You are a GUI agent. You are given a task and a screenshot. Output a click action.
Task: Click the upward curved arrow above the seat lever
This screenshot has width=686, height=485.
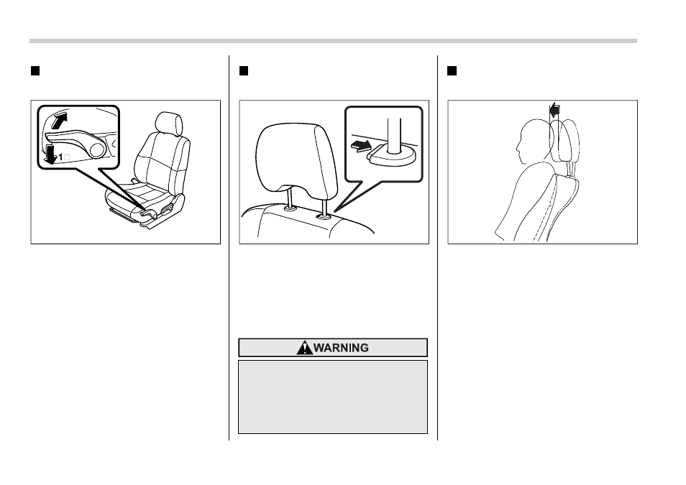[60, 120]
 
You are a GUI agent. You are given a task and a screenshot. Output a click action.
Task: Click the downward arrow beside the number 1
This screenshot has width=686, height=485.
[51, 154]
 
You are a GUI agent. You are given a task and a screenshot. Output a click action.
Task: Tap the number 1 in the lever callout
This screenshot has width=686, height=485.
[61, 157]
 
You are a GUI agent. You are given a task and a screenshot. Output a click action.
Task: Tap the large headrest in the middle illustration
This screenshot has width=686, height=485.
[297, 157]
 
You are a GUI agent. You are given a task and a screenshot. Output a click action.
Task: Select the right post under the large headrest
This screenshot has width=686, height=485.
[324, 205]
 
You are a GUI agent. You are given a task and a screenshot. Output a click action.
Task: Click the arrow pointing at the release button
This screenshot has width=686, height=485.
[362, 146]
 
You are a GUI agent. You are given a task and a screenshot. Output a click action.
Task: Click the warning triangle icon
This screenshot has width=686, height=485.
[304, 348]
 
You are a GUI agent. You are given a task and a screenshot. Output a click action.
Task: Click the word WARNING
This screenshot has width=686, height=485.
[341, 348]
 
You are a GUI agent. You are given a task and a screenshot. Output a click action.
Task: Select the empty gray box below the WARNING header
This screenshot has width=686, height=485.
[333, 397]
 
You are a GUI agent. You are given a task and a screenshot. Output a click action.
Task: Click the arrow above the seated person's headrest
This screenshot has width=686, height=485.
[554, 110]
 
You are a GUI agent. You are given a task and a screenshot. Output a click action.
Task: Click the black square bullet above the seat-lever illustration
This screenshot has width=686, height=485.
[35, 71]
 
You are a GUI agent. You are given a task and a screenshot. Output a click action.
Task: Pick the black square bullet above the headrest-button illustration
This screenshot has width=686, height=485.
[244, 71]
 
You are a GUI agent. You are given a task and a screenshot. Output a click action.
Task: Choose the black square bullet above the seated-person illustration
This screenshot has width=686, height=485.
[452, 71]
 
